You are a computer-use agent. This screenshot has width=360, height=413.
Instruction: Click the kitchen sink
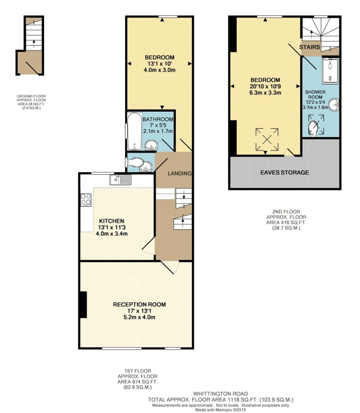click(120, 180)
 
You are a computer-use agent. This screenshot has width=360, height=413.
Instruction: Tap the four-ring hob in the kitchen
click(86, 200)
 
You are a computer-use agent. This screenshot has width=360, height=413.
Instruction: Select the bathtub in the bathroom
click(134, 131)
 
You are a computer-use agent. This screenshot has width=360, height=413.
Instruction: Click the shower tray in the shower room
click(330, 71)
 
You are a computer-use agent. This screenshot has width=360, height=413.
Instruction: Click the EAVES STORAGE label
click(285, 173)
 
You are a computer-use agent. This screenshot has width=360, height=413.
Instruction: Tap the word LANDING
click(180, 173)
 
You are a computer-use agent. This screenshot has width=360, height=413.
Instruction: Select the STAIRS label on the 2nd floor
click(310, 47)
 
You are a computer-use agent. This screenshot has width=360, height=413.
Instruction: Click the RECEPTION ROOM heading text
click(139, 305)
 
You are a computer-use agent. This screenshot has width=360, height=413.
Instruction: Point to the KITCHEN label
click(111, 221)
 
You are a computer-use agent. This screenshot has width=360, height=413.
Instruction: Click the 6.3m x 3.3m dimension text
click(265, 93)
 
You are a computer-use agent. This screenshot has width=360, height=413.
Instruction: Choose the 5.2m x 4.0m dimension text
click(139, 317)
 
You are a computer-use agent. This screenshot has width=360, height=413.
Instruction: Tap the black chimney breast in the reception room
click(83, 305)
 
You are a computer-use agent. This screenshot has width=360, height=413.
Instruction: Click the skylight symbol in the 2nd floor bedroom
click(267, 140)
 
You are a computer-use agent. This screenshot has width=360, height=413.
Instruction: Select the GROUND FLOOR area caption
click(31, 102)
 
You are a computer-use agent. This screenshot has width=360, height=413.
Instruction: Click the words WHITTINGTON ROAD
click(221, 394)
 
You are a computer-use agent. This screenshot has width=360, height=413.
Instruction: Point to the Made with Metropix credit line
click(221, 410)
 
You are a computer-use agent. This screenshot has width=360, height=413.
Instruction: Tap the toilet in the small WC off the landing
click(135, 162)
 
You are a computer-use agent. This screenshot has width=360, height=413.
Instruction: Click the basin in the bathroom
click(151, 145)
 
